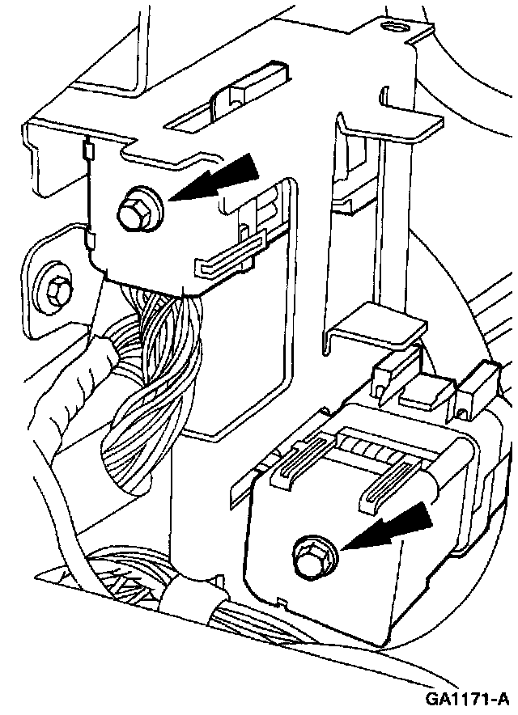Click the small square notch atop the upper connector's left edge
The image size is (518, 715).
pos(87,149)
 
